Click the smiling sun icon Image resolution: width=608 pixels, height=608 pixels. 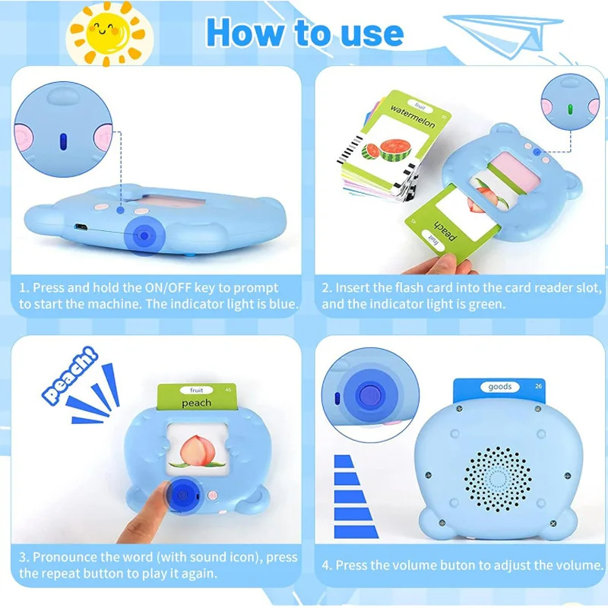[106, 31]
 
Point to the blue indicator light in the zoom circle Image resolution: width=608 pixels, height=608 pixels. [64, 141]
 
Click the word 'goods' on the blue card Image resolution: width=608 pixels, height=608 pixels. [499, 387]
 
